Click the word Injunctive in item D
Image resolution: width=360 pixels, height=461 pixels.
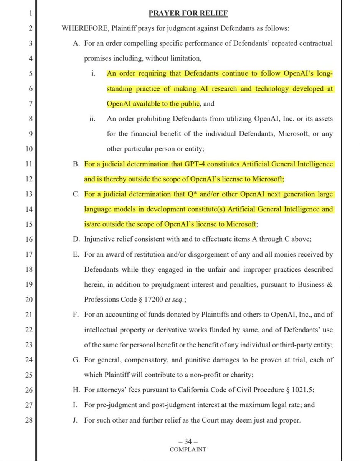[98, 239]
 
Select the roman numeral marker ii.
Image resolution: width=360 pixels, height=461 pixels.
[91, 119]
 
